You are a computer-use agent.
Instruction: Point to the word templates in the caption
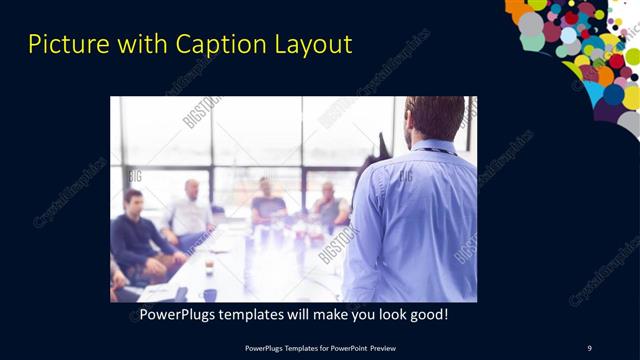pos(254,315)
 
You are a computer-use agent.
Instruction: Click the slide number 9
pos(589,347)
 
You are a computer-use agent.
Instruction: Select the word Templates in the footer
pos(292,347)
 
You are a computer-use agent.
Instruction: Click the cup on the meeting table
pos(209,266)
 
